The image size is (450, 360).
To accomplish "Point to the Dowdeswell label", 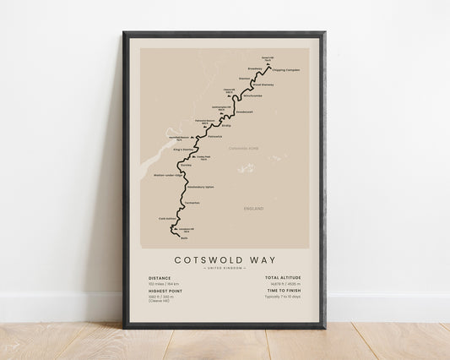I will pos(243,111).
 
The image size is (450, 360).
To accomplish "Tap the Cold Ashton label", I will pos(168,218).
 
